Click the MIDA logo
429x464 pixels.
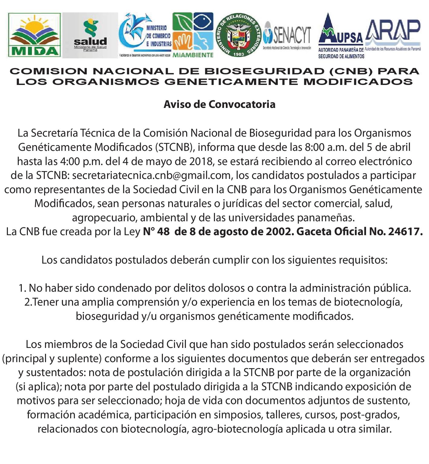[x=34, y=35]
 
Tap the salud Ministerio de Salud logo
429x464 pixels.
[x=90, y=36]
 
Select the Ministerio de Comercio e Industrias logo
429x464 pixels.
[x=146, y=35]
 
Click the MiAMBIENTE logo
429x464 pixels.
[x=193, y=35]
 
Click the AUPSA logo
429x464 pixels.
[x=341, y=36]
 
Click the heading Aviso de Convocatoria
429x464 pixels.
[x=219, y=104]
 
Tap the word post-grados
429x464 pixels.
[x=370, y=415]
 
